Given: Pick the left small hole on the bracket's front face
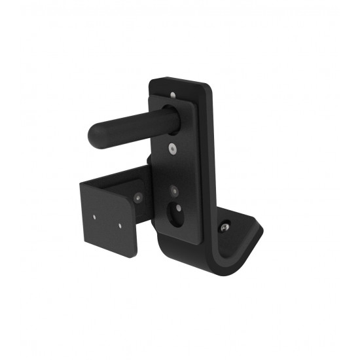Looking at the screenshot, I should click(x=95, y=215).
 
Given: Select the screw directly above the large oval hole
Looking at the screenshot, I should click(x=175, y=191).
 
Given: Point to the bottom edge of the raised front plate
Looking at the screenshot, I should click(x=177, y=239).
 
